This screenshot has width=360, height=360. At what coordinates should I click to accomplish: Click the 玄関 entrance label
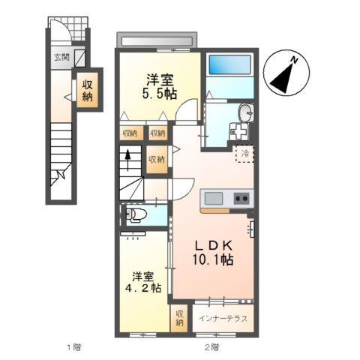pyautogui.click(x=61, y=58)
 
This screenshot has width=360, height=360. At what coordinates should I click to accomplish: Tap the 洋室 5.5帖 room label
pyautogui.click(x=161, y=87)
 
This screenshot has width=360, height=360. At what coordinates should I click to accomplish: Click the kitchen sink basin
pyautogui.click(x=214, y=199)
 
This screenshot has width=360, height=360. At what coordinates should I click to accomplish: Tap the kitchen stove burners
pyautogui.click(x=241, y=199)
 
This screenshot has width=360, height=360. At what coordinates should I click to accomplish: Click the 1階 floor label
pyautogui.click(x=73, y=347)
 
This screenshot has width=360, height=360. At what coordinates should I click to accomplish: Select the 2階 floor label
pyautogui.click(x=211, y=347)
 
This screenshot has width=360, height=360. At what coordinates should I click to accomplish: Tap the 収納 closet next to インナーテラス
pyautogui.click(x=179, y=317)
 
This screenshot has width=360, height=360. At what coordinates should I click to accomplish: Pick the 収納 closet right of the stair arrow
pyautogui.click(x=156, y=160)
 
